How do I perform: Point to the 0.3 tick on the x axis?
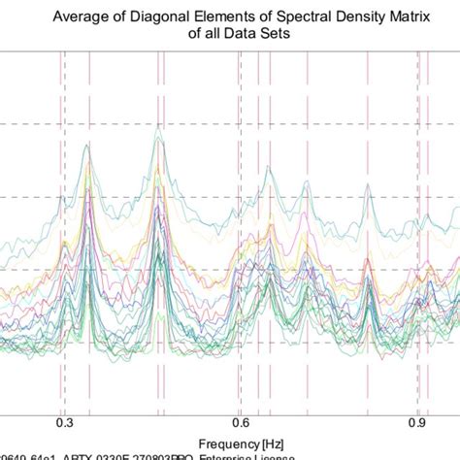click(64, 422)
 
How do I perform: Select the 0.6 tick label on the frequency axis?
click(240, 422)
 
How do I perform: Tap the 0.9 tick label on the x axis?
click(418, 422)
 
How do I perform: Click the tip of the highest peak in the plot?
click(157, 136)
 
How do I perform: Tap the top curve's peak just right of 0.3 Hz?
click(86, 146)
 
